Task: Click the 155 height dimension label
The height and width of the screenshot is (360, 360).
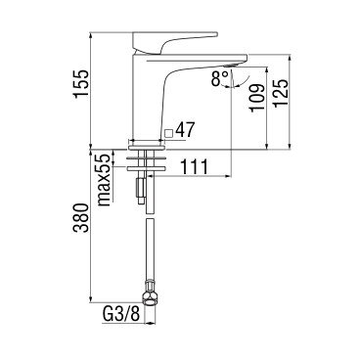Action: (x=81, y=83)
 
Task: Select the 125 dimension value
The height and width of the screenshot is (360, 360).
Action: (x=281, y=93)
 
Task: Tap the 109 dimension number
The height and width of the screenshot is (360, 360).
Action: (x=257, y=98)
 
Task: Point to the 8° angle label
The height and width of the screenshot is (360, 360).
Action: (x=220, y=78)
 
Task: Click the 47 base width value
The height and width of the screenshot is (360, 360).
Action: (x=185, y=129)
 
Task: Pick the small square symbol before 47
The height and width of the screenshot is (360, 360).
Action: (x=168, y=133)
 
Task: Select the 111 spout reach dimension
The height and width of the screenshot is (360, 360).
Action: (x=194, y=167)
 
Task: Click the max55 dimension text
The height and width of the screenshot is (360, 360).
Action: (x=104, y=180)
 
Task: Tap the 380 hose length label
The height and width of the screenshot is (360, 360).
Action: (x=81, y=217)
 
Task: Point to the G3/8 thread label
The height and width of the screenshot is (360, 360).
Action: (x=121, y=314)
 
